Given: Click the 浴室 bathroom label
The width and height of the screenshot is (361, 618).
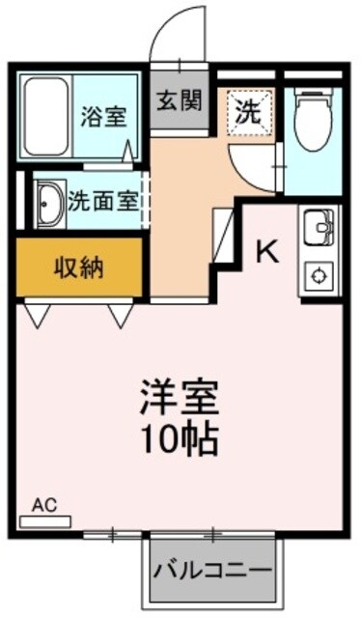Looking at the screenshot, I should [104, 116].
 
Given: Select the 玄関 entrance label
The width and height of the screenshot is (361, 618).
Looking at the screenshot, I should [180, 98].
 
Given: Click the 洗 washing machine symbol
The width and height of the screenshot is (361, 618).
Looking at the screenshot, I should [248, 112].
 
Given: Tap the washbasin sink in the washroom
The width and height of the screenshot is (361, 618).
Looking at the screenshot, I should [48, 203].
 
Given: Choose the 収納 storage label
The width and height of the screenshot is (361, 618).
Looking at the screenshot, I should [79, 267].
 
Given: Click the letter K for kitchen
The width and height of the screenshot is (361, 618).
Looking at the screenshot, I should [266, 254].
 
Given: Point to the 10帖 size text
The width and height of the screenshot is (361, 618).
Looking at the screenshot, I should [179, 439].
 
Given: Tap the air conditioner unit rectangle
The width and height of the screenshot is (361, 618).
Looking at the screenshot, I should [45, 521].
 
